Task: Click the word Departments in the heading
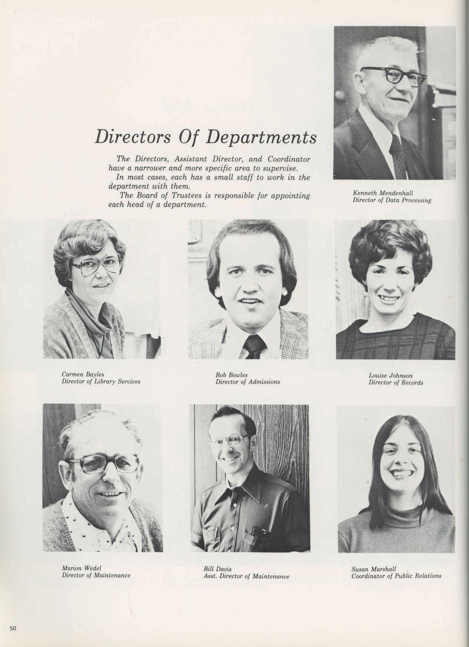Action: (261, 137)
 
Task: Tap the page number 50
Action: (13, 628)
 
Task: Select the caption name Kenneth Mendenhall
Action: (383, 193)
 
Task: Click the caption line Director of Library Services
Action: (101, 382)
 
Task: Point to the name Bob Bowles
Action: (231, 375)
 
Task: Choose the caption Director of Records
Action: (396, 382)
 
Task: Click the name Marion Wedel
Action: (81, 568)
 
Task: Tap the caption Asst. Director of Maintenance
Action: (246, 576)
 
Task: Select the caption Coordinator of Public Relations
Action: (396, 576)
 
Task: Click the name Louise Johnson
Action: (390, 376)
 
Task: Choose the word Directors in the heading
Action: (133, 137)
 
